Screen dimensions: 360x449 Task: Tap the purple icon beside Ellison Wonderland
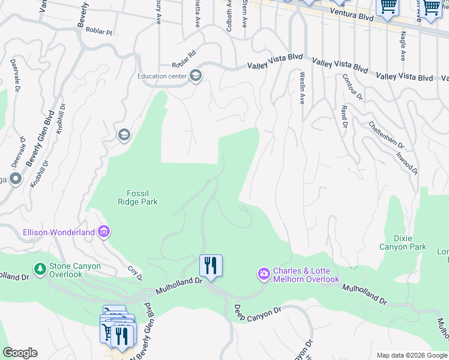click(104, 231)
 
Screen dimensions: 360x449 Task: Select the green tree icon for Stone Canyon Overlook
click(40, 268)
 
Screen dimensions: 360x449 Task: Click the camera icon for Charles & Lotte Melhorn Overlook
click(264, 274)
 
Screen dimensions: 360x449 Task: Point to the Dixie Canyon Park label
click(402, 242)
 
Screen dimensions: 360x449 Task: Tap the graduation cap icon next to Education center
click(195, 76)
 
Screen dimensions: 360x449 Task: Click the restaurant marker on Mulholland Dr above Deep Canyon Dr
click(211, 265)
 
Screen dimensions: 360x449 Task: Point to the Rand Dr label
click(345, 116)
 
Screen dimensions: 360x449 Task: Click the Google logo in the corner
click(20, 353)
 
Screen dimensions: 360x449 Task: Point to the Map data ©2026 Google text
click(412, 355)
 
